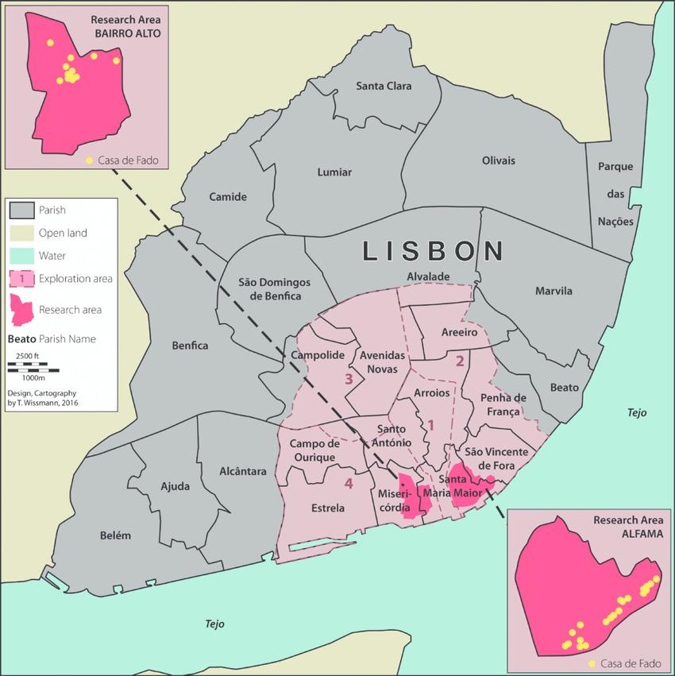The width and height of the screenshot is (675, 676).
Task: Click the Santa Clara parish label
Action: pos(384,86)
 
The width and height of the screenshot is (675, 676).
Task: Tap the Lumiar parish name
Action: pos(334,172)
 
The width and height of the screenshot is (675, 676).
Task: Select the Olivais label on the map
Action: pos(498,160)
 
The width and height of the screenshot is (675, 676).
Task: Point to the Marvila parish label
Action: pos(553,291)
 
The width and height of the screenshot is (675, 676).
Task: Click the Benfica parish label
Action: pos(190,346)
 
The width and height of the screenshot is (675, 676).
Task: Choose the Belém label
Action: pos(115,535)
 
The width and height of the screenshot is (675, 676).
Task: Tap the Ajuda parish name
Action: pos(175,485)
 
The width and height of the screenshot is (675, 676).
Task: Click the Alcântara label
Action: pos(243,471)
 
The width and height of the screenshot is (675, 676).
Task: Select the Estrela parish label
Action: pos(328,508)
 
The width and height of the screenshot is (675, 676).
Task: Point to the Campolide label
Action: pos(316,355)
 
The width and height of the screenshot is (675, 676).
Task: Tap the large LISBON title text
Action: pos(434,251)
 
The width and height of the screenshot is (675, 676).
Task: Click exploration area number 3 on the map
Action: pos(348,379)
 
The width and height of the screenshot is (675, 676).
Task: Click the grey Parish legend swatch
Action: pos(21,211)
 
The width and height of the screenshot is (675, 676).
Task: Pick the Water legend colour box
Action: pos(21,256)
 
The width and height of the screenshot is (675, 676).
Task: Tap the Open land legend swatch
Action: pos(21,234)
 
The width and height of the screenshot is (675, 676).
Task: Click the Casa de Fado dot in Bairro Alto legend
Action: pos(89,160)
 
